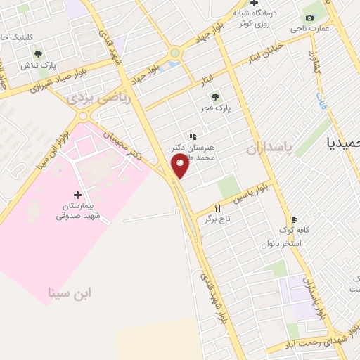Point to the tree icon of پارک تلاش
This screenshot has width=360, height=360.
tap(38, 53)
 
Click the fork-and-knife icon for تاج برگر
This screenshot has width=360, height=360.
tap(217, 207)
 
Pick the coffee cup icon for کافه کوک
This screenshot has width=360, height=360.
tap(294, 219)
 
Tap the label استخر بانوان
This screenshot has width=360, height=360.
tap(282, 244)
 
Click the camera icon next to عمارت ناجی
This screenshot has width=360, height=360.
tap(309, 18)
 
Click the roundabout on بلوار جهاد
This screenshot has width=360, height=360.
tap(174, 53)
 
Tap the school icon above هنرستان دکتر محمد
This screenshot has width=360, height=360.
tap(191, 137)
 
